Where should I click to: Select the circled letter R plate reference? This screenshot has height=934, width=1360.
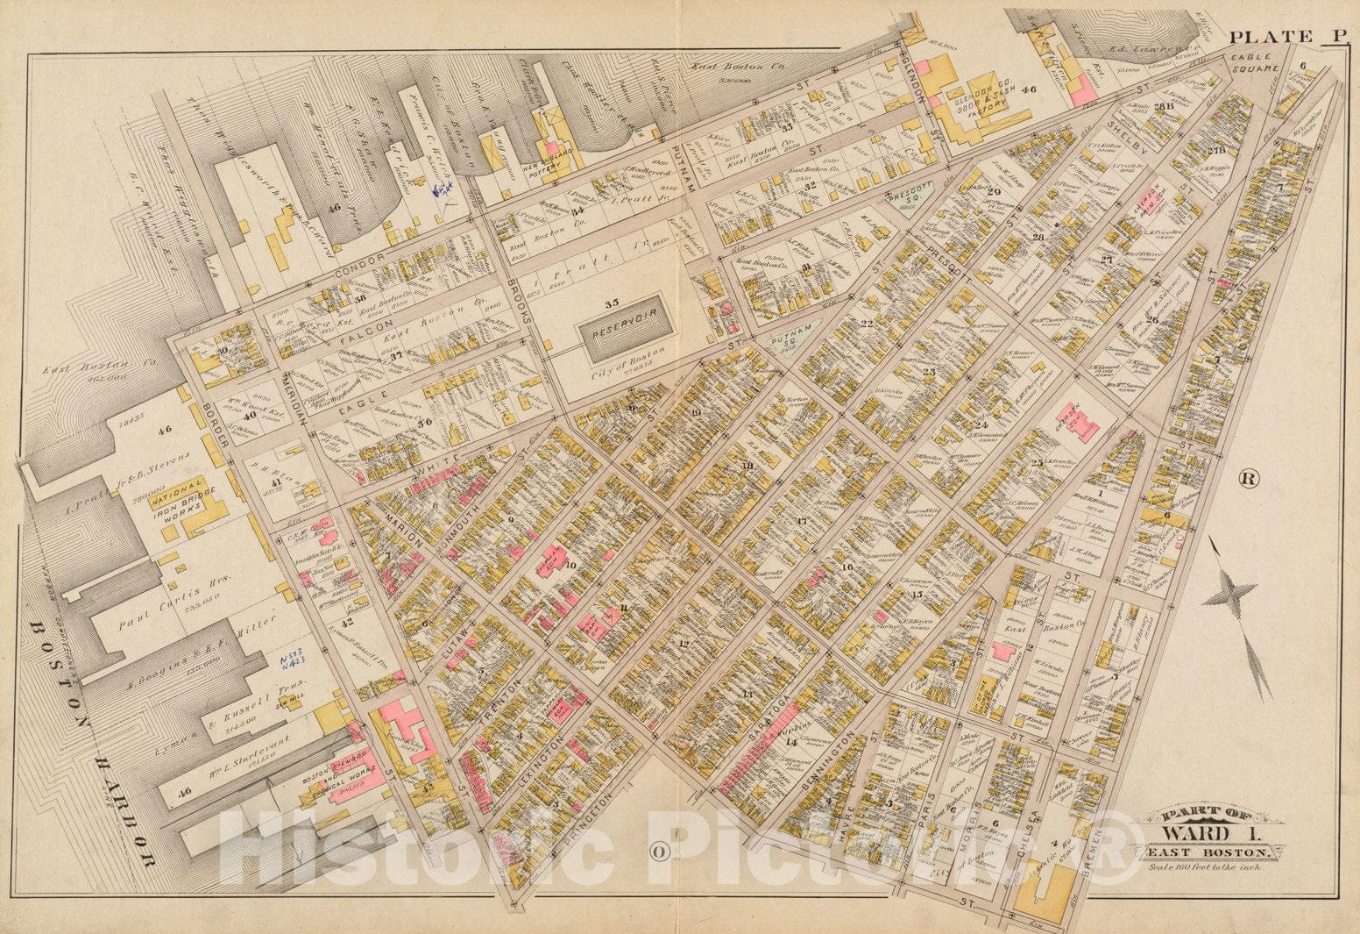[1249, 478]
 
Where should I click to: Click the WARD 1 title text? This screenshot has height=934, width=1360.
[1205, 832]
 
